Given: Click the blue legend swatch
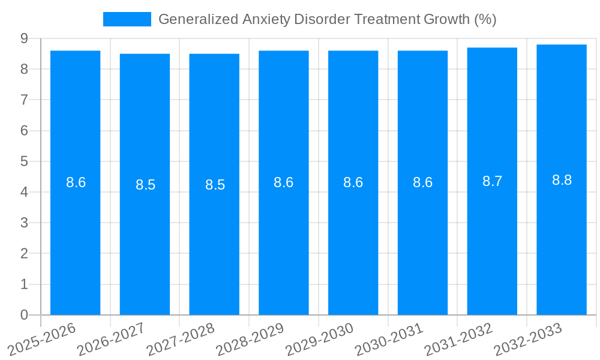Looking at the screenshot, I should tap(127, 19).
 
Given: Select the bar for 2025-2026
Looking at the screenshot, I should tap(75, 240).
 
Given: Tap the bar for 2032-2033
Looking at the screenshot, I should tap(562, 240).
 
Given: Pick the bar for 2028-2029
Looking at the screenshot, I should tap(284, 240).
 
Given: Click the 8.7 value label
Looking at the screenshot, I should tap(492, 182).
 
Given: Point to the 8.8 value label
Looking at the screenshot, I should tap(562, 180).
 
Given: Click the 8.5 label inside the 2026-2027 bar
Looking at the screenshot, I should tap(145, 185).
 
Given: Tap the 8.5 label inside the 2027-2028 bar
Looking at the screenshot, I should tap(215, 185).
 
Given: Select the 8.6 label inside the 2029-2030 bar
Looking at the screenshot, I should tap(353, 183).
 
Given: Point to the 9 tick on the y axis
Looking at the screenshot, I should tap(24, 38).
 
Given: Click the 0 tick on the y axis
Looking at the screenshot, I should tap(24, 315).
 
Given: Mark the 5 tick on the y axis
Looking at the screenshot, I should tap(24, 161).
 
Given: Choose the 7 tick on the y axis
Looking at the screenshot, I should tap(24, 100).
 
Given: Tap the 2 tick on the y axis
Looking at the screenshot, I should tap(24, 254).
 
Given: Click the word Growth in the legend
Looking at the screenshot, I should tap(447, 19).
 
